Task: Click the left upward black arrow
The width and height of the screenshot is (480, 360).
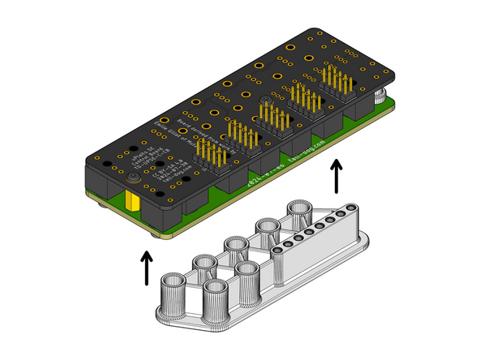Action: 146,268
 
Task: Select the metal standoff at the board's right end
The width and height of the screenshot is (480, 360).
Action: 379,97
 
